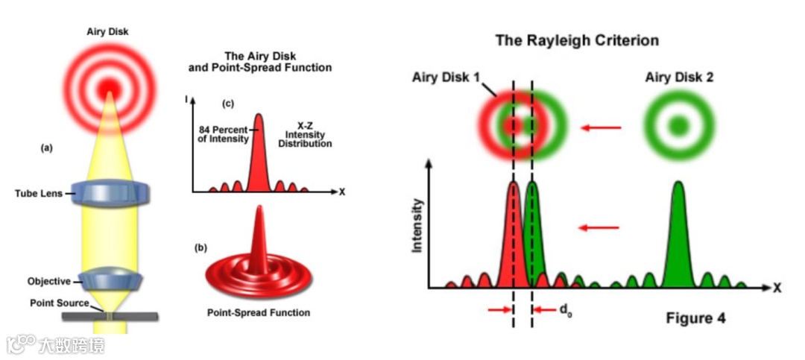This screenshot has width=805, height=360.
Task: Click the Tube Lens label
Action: click(39, 194)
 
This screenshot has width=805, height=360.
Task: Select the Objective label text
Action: click(48, 281)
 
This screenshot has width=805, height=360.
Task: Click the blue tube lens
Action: click(110, 192)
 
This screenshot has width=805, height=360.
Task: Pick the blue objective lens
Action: click(110, 281)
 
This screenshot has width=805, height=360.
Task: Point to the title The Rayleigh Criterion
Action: click(577, 40)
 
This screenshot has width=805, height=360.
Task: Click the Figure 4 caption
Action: click(695, 318)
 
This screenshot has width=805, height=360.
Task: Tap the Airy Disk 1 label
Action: click(446, 78)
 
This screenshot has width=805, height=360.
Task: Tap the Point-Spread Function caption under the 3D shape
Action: click(258, 312)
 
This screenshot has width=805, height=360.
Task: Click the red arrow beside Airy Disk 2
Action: click(600, 128)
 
